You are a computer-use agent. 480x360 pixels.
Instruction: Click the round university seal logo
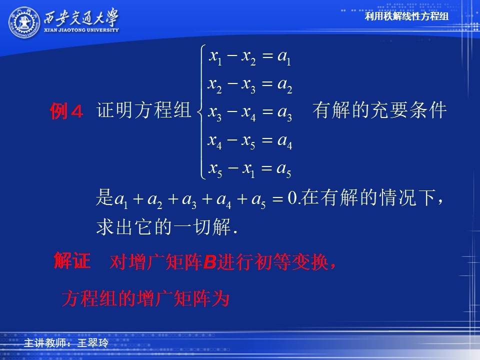click(24, 22)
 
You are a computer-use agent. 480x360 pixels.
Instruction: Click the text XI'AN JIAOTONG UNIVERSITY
click(81, 30)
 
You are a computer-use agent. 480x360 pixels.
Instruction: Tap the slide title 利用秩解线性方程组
click(406, 16)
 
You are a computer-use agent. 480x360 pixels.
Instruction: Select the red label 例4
click(66, 111)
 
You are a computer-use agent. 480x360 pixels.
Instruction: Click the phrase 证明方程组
click(143, 110)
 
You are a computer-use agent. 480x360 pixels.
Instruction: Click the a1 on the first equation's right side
click(284, 57)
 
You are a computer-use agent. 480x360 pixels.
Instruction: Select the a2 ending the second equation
click(284, 85)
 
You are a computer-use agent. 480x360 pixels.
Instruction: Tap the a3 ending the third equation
click(284, 113)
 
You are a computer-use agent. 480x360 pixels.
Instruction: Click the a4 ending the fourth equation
click(284, 141)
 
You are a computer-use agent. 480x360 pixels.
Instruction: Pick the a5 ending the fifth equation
click(284, 169)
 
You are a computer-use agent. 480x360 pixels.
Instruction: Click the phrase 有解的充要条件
click(379, 110)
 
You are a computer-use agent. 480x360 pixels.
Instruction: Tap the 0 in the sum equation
click(292, 198)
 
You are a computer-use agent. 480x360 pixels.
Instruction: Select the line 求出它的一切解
click(167, 227)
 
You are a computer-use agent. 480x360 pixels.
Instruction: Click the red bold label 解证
click(72, 261)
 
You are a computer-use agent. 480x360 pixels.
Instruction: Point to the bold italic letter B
click(209, 262)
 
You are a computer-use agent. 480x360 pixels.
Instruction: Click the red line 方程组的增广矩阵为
click(145, 298)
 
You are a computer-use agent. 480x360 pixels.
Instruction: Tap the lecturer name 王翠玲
click(93, 343)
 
